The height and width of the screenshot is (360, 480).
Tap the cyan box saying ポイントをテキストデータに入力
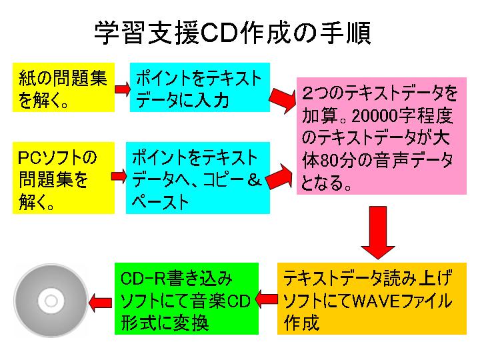pyautogui.click(x=199, y=87)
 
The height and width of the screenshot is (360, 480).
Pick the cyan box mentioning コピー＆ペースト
pyautogui.click(x=197, y=178)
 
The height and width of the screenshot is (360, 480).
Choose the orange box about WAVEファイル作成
pyautogui.click(x=371, y=299)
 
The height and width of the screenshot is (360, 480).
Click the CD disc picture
pyautogui.click(x=51, y=301)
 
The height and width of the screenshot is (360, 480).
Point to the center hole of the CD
pyautogui.click(x=51, y=301)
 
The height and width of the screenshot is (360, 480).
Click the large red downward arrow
pyautogui.click(x=379, y=231)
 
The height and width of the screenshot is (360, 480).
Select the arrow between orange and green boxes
pyautogui.click(x=267, y=299)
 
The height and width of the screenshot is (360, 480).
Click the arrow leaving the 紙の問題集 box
pyautogui.click(x=121, y=88)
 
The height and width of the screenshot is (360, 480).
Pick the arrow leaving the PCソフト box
pyautogui.click(x=119, y=175)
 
